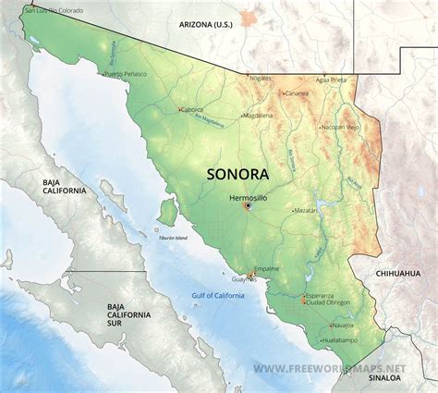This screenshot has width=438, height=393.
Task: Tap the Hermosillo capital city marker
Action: pos(248,206)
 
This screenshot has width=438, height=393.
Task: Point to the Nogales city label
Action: pos(261,80)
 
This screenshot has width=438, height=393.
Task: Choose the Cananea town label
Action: pos(297,93)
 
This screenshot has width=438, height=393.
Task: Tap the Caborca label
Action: pos(191,109)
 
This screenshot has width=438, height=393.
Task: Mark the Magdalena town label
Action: pos(258,116)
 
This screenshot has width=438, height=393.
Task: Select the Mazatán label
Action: pos(304,211)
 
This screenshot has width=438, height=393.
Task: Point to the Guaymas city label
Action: pos(244,279)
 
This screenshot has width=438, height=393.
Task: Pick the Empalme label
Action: pos(268,270)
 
